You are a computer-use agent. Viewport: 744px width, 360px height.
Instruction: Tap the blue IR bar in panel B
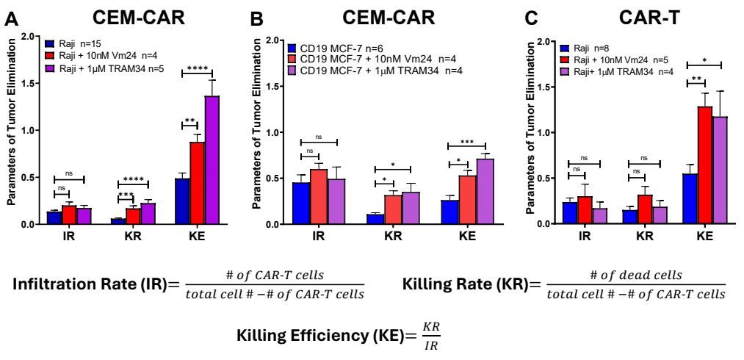pos(300,203)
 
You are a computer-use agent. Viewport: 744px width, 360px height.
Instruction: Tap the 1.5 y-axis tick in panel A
pos(29,83)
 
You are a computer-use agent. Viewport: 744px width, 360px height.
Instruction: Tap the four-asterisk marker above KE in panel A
pos(197,68)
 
